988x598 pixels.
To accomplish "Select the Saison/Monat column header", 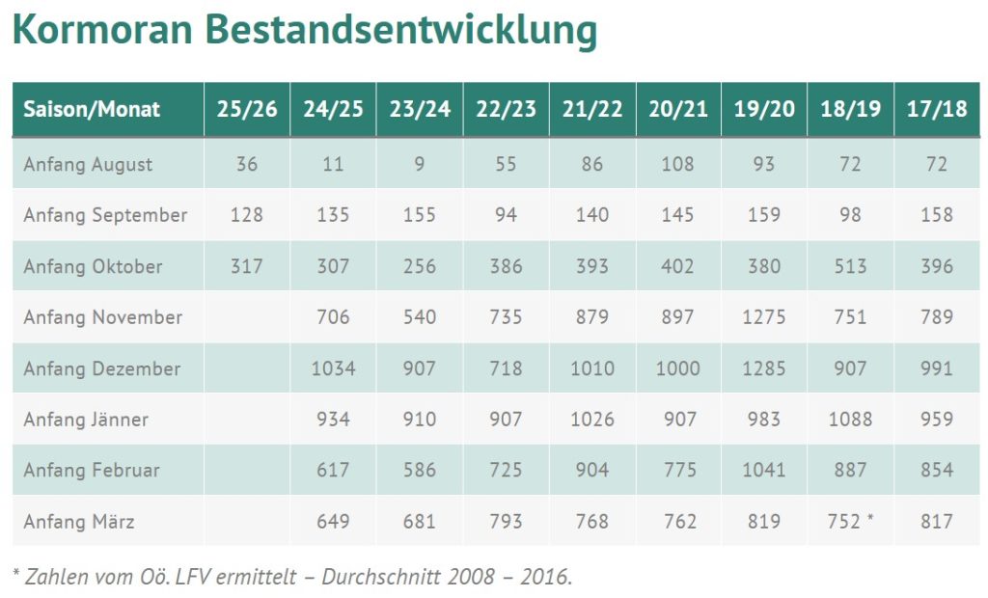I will tap(92, 109).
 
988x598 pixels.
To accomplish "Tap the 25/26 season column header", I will tap(247, 109).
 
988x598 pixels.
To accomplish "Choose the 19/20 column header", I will tap(764, 109).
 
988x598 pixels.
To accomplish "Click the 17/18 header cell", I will tap(937, 109).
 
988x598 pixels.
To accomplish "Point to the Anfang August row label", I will tap(88, 164).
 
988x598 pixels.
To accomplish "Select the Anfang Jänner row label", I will tap(86, 420).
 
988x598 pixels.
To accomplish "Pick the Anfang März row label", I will tap(79, 522).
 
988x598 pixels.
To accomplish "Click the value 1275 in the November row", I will tap(764, 317).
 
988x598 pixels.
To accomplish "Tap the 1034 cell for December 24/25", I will tap(333, 368).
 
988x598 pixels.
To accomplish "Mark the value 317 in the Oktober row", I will tap(247, 266).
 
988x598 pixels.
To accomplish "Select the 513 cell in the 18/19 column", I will tap(850, 266).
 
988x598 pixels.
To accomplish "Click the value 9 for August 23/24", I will tap(420, 164).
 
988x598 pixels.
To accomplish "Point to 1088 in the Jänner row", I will tap(850, 420).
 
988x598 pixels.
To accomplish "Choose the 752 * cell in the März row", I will tap(850, 522).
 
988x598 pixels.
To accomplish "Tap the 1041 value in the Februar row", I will tap(764, 471).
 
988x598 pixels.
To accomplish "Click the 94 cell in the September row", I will tap(506, 215).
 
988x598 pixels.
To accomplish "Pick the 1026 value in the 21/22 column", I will tap(591, 420).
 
